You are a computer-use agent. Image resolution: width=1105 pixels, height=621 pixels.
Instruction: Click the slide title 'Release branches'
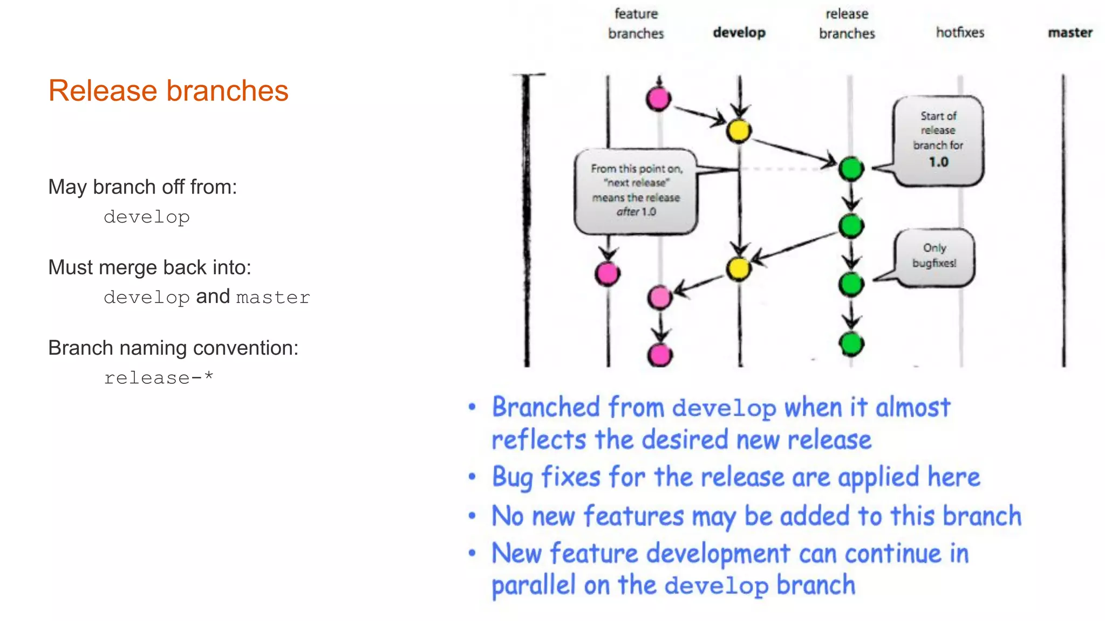pyautogui.click(x=168, y=91)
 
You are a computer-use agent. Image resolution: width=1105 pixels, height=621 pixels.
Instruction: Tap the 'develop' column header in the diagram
pyautogui.click(x=739, y=32)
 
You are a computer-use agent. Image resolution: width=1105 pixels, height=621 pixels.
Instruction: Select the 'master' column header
pyautogui.click(x=1070, y=32)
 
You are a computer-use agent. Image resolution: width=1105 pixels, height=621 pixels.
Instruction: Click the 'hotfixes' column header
pyautogui.click(x=960, y=32)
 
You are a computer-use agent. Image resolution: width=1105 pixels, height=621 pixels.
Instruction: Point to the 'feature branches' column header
pyautogui.click(x=636, y=24)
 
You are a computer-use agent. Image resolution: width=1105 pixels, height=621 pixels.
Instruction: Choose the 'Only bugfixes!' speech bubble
pyautogui.click(x=935, y=256)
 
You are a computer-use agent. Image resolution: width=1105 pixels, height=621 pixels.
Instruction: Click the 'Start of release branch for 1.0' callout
pyautogui.click(x=938, y=140)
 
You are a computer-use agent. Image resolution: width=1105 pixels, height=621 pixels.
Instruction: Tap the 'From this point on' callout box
pyautogui.click(x=636, y=190)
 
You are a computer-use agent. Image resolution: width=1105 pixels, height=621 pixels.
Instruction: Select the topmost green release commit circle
pyautogui.click(x=851, y=169)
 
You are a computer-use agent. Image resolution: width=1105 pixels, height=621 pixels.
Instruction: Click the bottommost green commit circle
pyautogui.click(x=851, y=343)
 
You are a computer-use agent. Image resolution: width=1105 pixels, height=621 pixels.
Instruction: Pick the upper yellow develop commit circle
pyautogui.click(x=739, y=130)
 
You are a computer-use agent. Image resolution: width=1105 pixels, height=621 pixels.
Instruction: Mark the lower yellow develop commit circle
pyautogui.click(x=739, y=268)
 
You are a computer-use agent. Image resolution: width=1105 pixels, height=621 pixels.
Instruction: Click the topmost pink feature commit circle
pyautogui.click(x=659, y=99)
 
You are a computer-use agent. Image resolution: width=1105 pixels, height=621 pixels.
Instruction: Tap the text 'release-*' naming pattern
pyautogui.click(x=159, y=378)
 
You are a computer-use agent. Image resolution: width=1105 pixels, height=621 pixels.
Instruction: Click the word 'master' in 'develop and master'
pyautogui.click(x=273, y=298)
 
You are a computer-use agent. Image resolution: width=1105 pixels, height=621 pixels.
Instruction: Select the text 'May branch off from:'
pyautogui.click(x=142, y=187)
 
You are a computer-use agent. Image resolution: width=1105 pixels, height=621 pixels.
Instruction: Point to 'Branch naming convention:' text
pyautogui.click(x=173, y=348)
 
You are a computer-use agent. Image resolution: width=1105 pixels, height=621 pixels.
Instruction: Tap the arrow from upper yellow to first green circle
pyautogui.click(x=793, y=151)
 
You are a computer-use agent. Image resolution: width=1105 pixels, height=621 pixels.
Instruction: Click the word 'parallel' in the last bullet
pyautogui.click(x=533, y=585)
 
